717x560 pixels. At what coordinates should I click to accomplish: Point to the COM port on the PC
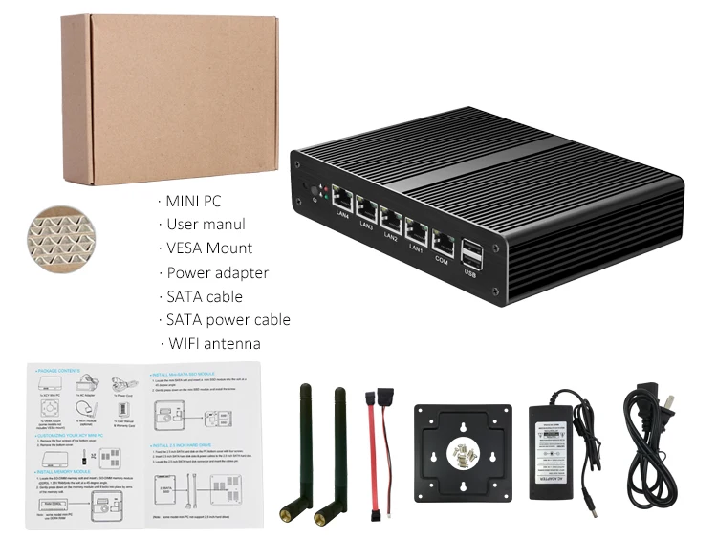pos(443,240)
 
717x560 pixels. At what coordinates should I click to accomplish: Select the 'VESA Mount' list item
pos(208,248)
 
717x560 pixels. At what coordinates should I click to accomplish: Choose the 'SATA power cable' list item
pos(227,319)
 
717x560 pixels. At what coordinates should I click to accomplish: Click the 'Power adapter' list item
pos(216,272)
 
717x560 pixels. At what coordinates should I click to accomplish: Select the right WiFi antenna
pos(331,449)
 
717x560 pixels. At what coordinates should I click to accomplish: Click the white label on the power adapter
pos(559,442)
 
